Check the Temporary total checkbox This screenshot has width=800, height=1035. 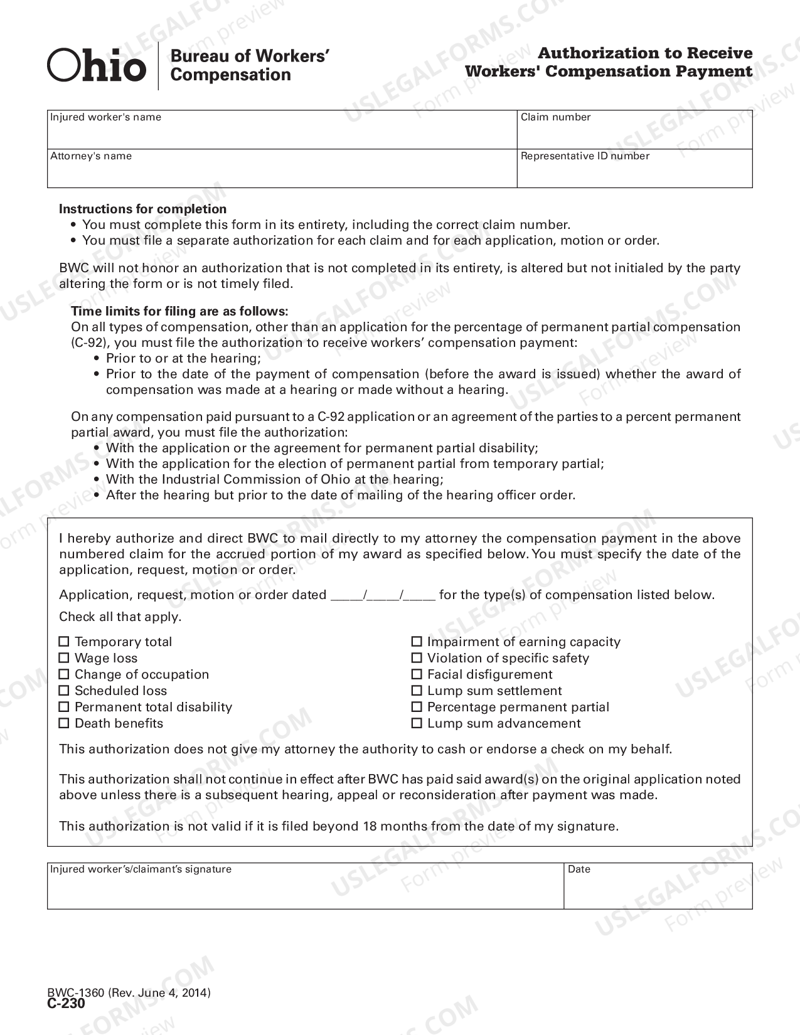pos(63,642)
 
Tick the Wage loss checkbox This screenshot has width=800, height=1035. pos(63,658)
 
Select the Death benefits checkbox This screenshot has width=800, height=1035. pos(63,723)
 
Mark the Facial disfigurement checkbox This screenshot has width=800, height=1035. pos(417,674)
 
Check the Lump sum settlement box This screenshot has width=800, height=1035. pos(417,691)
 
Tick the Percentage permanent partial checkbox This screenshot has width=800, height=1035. pos(417,707)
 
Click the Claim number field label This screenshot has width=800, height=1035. pos(555,117)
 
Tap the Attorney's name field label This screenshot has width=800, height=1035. pos(91,156)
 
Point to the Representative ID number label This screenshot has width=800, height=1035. pos(585,156)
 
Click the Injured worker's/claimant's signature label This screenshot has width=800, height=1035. pos(141,869)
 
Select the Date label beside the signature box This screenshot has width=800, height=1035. pos(579,869)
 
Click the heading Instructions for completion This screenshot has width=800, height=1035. pos(142,209)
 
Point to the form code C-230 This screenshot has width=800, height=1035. pos(66,1003)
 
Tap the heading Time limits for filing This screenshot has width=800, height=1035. pos(179,311)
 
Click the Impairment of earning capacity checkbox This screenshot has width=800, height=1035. pos(417,642)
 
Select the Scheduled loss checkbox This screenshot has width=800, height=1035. pos(63,691)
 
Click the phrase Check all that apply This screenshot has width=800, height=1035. pos(120,617)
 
